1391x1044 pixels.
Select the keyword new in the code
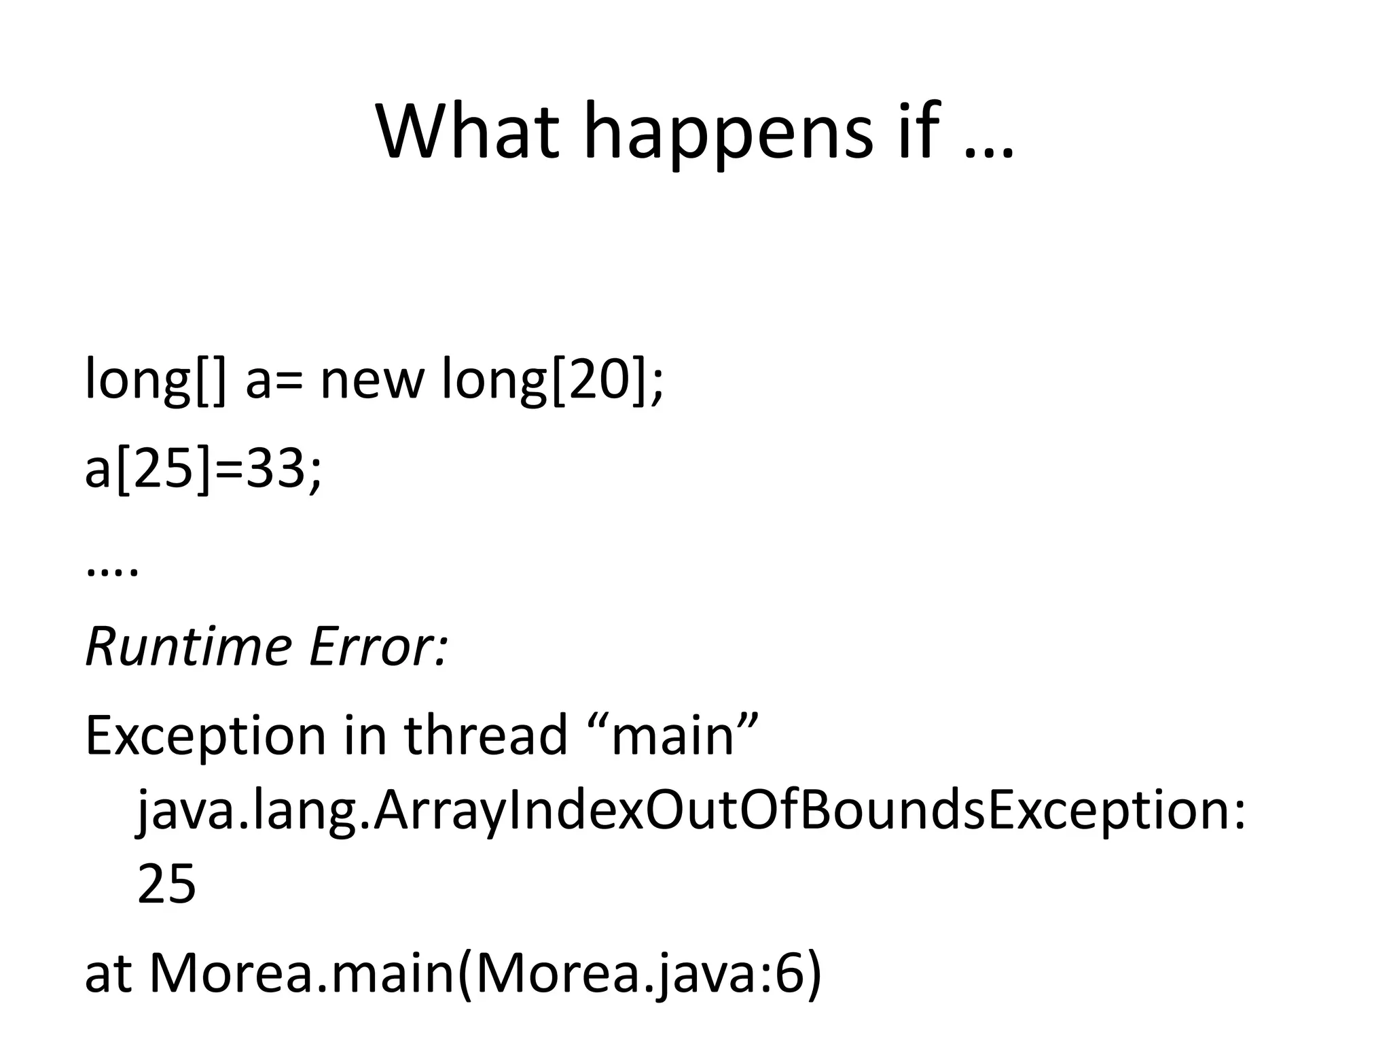[x=371, y=381]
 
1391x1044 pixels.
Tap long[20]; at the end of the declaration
[x=552, y=381]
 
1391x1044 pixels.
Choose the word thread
[x=486, y=735]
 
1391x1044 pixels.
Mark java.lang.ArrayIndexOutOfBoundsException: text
[x=692, y=812]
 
